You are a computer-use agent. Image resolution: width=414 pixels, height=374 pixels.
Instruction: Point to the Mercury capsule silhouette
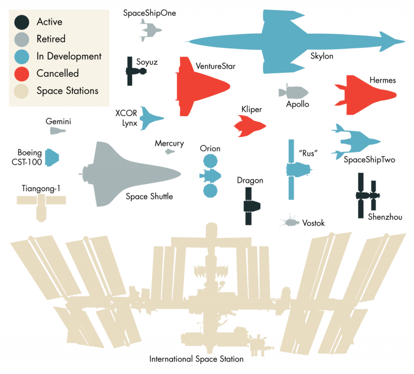click(169, 152)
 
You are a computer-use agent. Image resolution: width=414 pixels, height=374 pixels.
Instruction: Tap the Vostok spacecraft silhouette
click(290, 222)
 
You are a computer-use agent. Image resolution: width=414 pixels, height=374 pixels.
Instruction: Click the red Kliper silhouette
click(249, 125)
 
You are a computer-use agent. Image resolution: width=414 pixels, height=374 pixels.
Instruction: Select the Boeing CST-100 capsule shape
click(52, 158)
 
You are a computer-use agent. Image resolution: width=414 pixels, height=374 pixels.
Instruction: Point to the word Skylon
click(322, 56)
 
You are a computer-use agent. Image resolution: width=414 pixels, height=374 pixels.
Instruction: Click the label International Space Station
click(196, 359)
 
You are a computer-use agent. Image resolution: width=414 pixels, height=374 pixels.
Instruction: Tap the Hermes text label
click(382, 80)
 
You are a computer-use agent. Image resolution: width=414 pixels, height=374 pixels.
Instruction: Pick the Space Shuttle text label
click(149, 197)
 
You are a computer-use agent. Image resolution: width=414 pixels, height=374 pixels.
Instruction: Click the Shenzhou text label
click(385, 217)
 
